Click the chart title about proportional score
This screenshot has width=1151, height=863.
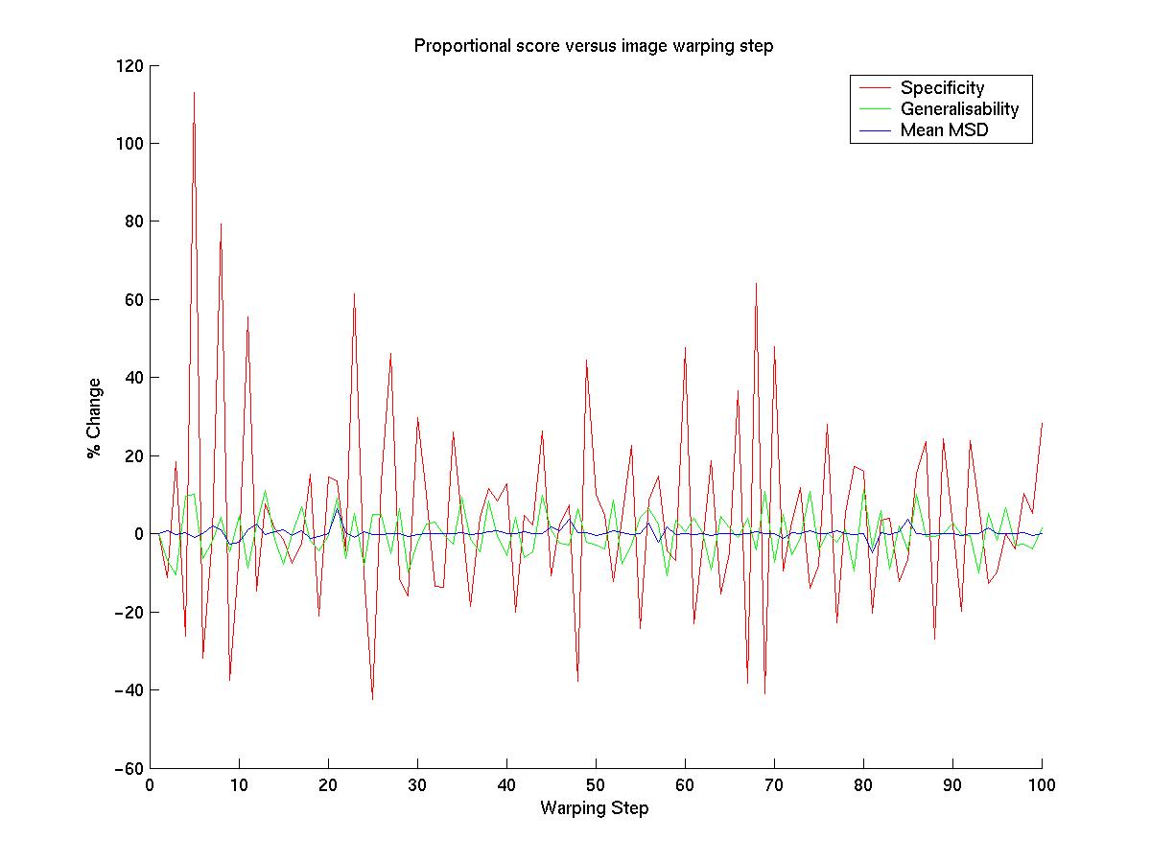pyautogui.click(x=593, y=46)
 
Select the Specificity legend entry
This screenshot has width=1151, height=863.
pyautogui.click(x=942, y=88)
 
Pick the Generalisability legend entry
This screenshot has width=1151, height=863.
pyautogui.click(x=959, y=109)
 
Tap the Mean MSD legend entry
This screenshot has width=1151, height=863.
pyautogui.click(x=944, y=130)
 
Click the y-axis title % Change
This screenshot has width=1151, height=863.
pyautogui.click(x=94, y=418)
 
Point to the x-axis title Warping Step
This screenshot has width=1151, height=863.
pyautogui.click(x=594, y=808)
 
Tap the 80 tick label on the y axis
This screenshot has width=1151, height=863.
pyautogui.click(x=135, y=222)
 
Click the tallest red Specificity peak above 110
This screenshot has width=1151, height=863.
pyautogui.click(x=194, y=93)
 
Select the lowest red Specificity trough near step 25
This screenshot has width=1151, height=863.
pyautogui.click(x=372, y=698)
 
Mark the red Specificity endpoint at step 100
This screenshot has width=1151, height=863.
pyautogui.click(x=1042, y=423)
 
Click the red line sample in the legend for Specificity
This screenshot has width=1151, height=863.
pyautogui.click(x=875, y=88)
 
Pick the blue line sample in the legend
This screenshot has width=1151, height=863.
pyautogui.click(x=875, y=130)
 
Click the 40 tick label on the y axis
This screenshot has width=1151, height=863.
pyautogui.click(x=135, y=378)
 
